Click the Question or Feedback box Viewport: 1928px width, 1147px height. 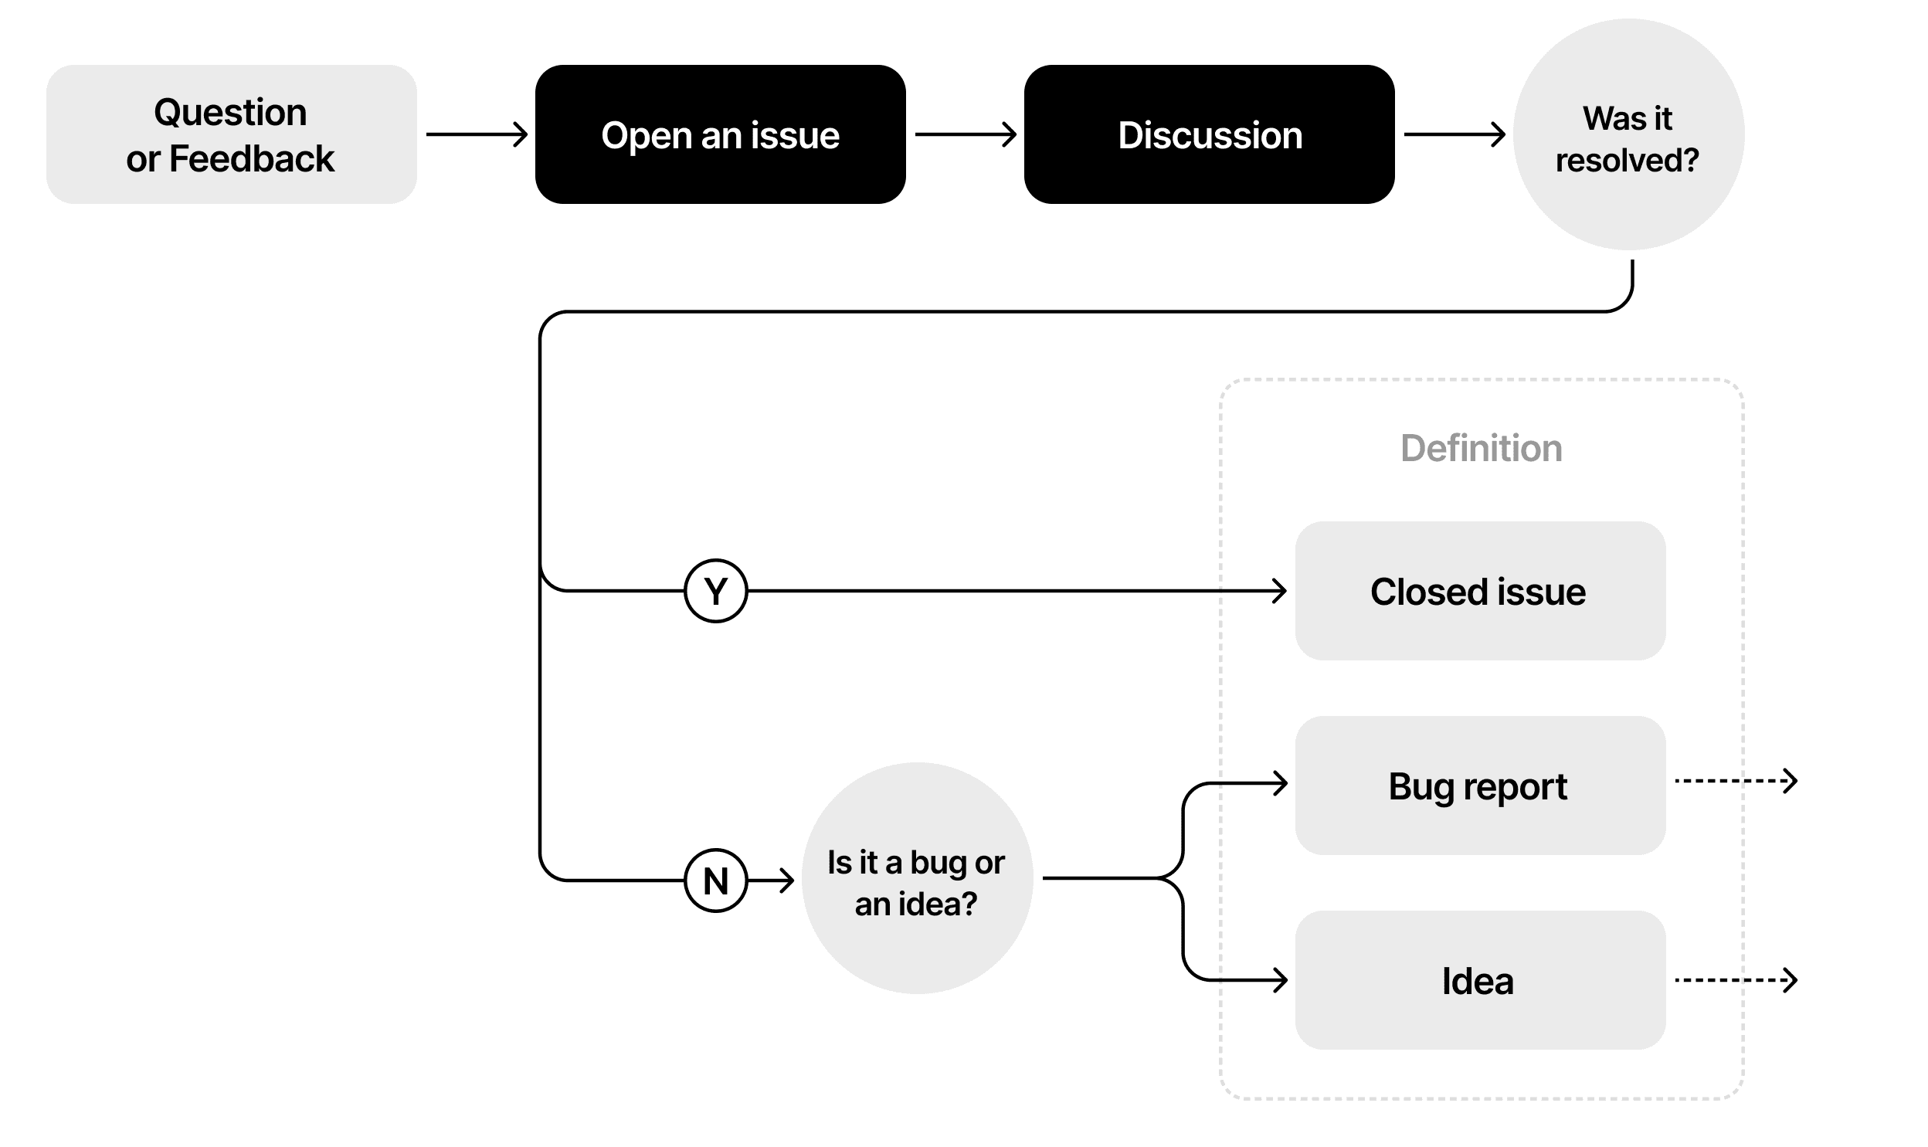point(231,134)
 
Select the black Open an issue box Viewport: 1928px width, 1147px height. point(719,134)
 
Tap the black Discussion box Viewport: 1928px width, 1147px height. point(1209,134)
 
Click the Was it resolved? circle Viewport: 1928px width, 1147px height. point(1628,134)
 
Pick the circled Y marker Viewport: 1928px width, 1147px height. point(715,591)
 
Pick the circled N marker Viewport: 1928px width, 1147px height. point(715,880)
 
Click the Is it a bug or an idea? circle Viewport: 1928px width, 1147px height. point(916,878)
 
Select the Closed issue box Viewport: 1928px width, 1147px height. point(1479,591)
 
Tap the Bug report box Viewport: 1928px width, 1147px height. point(1479,786)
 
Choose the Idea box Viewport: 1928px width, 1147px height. point(1479,980)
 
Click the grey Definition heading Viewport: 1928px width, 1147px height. point(1481,448)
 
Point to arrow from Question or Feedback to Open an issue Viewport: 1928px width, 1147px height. point(477,134)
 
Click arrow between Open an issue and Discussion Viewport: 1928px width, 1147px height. point(966,134)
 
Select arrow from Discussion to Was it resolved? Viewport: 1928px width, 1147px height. point(1454,134)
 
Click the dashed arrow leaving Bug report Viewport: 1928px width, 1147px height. point(1735,781)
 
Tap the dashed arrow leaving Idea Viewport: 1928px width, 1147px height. point(1735,980)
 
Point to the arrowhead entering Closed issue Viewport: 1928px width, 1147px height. point(1280,591)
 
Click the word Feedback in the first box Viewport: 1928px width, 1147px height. point(251,158)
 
